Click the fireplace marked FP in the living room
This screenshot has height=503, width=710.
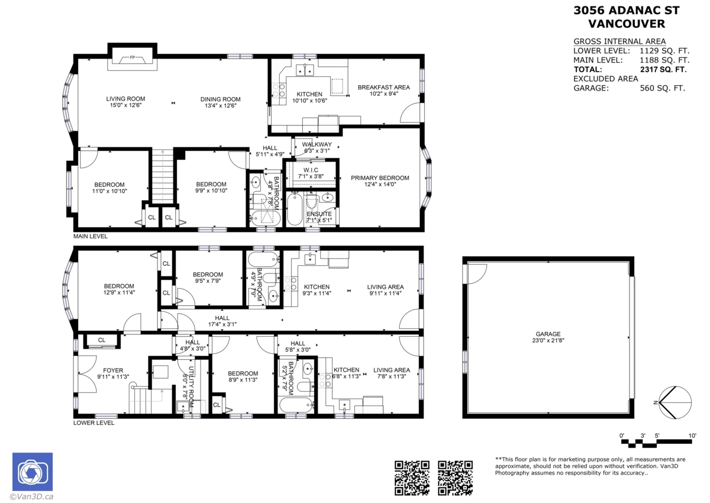(132, 59)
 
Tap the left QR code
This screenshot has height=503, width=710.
(411, 477)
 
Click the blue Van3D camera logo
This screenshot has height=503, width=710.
(33, 472)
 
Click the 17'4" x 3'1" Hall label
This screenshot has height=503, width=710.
(222, 321)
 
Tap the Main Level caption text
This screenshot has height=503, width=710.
(91, 236)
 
